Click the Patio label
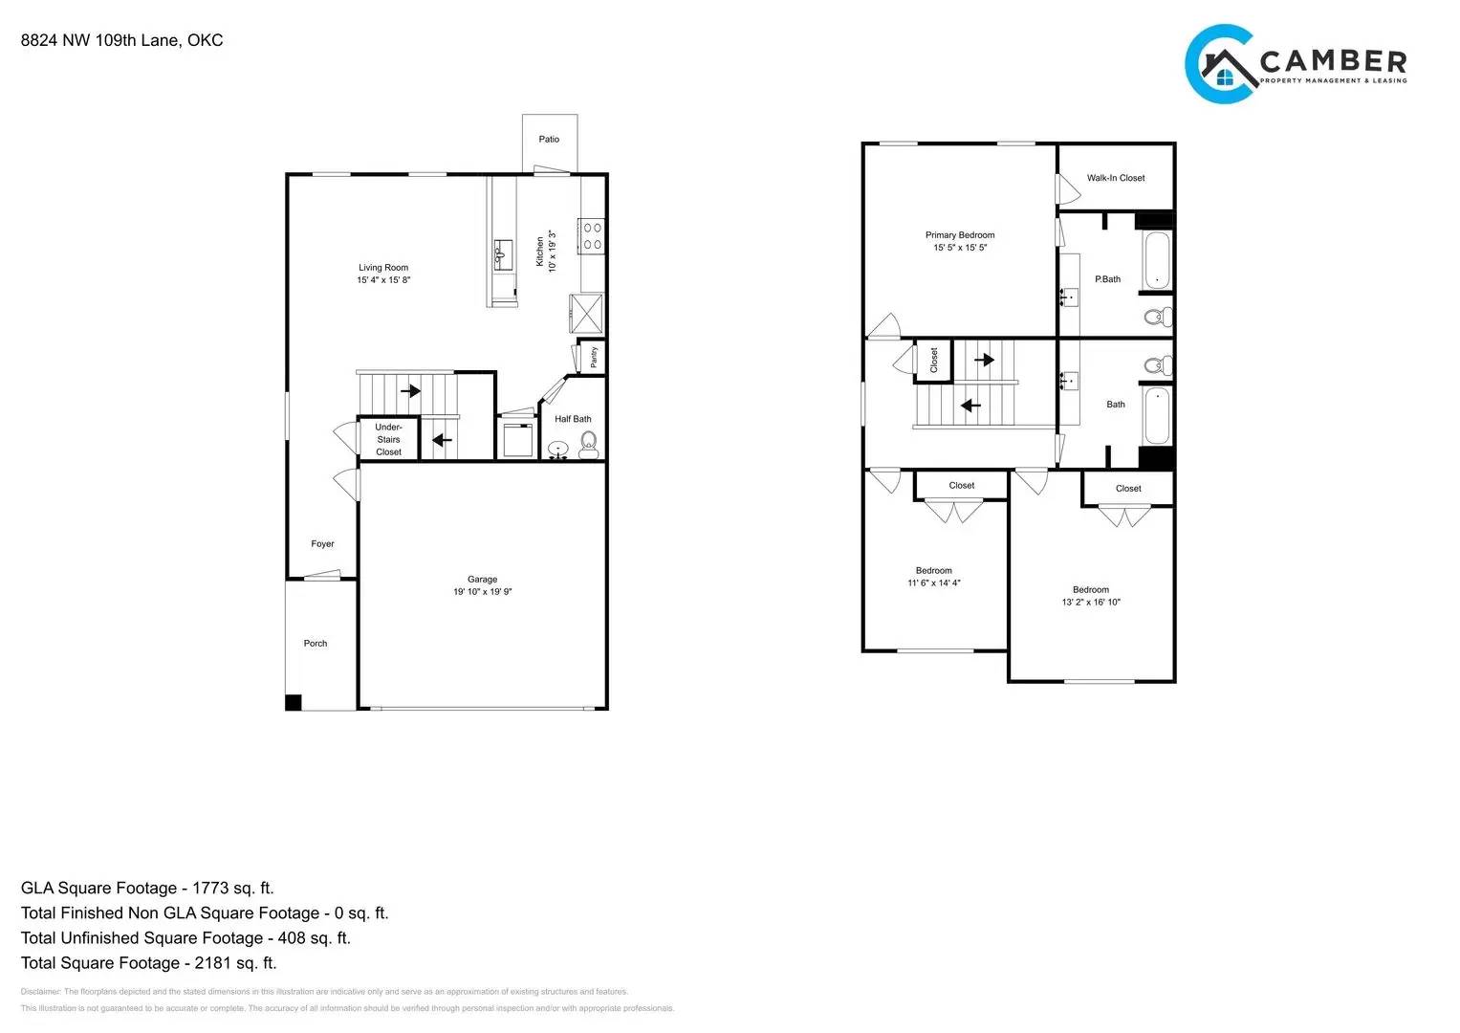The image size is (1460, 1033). tap(549, 140)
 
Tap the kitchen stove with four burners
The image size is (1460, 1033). tap(592, 236)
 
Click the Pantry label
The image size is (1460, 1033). tap(594, 357)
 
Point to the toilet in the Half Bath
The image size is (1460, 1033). tap(588, 442)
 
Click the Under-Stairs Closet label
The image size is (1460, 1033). tap(388, 440)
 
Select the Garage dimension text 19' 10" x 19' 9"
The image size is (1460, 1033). tap(482, 592)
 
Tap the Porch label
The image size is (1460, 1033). tap(316, 644)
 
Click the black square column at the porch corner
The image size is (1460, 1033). tap(294, 702)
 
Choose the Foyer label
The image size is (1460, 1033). tap(322, 544)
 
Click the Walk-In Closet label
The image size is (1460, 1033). tap(1115, 178)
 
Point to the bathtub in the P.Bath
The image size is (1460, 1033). tap(1157, 260)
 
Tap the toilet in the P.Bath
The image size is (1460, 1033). tap(1158, 317)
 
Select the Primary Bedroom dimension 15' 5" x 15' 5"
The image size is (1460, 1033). tap(960, 248)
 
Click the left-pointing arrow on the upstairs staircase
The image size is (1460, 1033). tap(970, 406)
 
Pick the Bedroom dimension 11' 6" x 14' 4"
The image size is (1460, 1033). tap(933, 583)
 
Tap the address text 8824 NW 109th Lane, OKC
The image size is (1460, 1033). tap(122, 40)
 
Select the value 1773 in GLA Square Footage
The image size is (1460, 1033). tap(210, 889)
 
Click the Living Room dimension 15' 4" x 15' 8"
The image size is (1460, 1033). tap(383, 280)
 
